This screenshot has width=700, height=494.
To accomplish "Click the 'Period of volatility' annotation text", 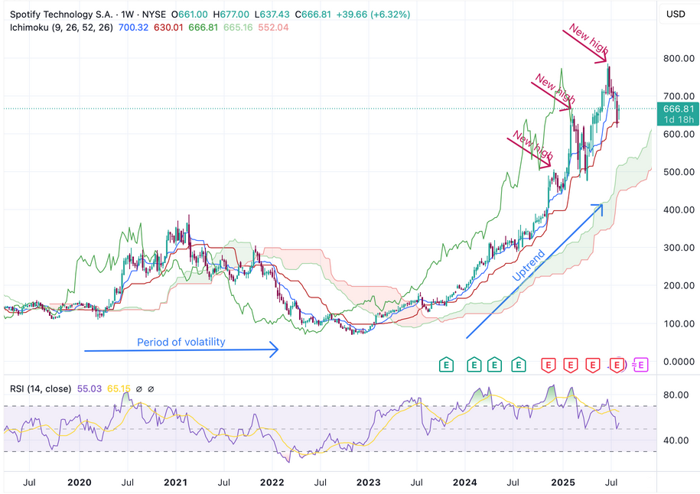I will [181, 342].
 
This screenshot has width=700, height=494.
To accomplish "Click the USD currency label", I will [676, 14].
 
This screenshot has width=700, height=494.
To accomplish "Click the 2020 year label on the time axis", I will [80, 483].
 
